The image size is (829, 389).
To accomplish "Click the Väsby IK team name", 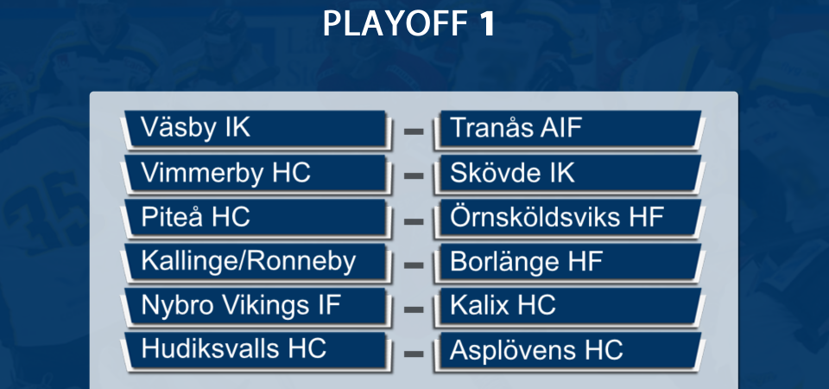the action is point(195,128).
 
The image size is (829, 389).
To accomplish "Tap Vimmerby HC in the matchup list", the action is point(225,173).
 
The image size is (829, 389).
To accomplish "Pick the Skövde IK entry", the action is point(512,173).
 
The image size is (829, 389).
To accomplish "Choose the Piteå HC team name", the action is point(195,217).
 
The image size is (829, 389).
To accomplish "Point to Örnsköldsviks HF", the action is point(557,217).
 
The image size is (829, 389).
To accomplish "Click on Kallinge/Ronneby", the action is point(248,261).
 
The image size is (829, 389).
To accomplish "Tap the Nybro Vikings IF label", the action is point(241,306).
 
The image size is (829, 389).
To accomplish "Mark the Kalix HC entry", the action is point(503,306).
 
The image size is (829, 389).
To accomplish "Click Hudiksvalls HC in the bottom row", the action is point(233,348).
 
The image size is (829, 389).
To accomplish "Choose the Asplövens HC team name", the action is point(536,350).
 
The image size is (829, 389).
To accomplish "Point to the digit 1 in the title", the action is point(486,24).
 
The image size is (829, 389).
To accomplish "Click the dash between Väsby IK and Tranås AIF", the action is point(414,131).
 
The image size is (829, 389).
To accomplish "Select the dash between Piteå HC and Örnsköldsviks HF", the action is point(414,219).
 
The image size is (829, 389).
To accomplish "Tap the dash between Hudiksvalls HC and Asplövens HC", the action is point(414,353).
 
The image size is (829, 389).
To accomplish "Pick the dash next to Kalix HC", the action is point(414,308).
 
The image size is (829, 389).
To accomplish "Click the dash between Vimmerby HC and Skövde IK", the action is point(414,175).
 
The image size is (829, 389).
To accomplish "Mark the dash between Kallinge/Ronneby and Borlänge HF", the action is point(414,264).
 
